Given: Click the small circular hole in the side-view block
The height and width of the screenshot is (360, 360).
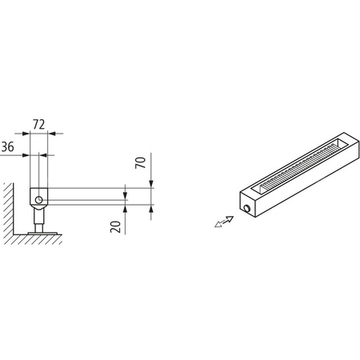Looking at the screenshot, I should pyautogui.click(x=37, y=197).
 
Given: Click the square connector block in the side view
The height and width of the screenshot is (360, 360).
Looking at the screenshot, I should pyautogui.click(x=37, y=196).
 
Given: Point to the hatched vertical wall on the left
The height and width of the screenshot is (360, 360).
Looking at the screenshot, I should pyautogui.click(x=6, y=212).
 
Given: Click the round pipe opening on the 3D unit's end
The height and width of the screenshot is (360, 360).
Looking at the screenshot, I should pyautogui.click(x=248, y=209).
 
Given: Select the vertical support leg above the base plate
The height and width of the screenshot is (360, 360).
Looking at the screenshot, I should pyautogui.click(x=37, y=218).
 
